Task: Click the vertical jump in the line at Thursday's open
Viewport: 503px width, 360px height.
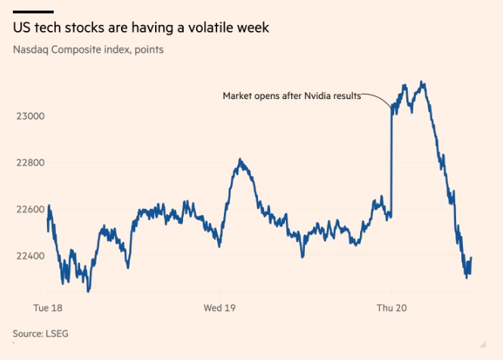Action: pos(391,163)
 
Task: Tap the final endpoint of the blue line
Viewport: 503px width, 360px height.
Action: pos(472,258)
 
